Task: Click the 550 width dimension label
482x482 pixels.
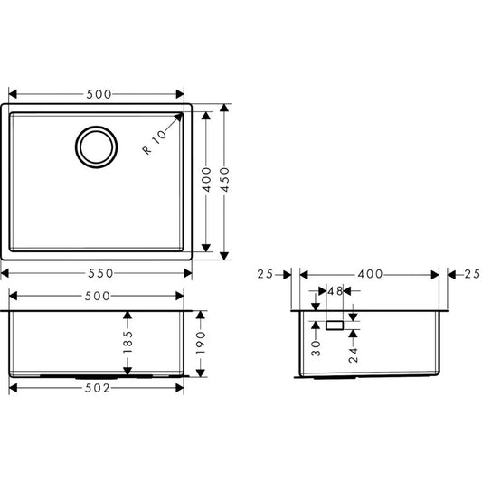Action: (100, 273)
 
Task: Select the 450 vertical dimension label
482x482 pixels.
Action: (225, 180)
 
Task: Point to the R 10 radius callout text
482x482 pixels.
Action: (156, 142)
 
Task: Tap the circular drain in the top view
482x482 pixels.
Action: (97, 146)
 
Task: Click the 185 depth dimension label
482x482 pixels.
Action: (128, 342)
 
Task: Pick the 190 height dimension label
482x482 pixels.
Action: (201, 343)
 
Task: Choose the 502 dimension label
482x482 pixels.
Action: (97, 389)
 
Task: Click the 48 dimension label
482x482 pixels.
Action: (335, 291)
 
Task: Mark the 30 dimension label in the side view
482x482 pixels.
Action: (316, 348)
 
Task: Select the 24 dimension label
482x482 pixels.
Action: (354, 355)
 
